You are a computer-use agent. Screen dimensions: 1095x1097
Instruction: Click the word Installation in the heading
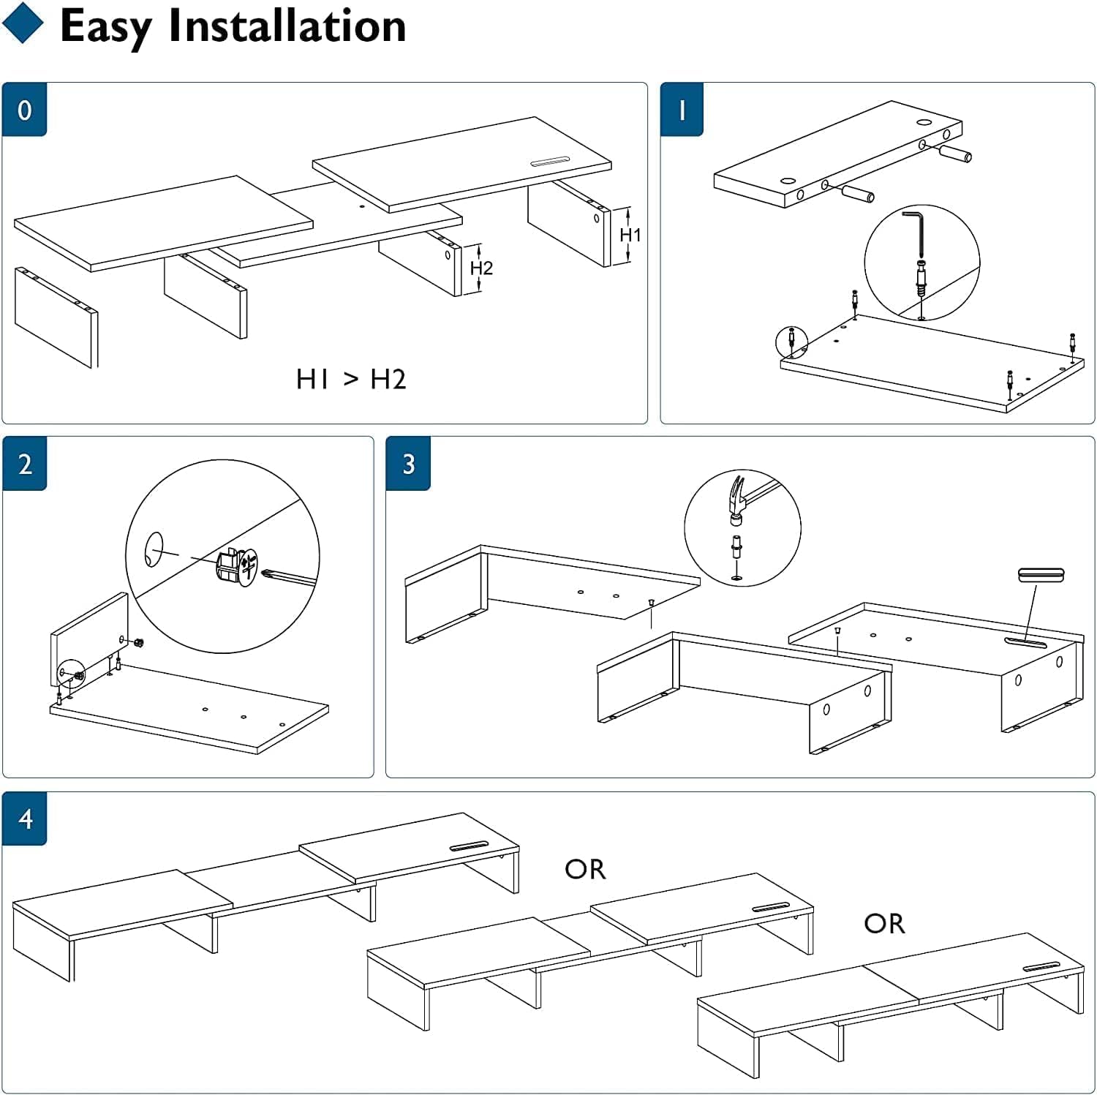(287, 26)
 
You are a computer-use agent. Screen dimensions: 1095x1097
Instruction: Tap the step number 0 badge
(24, 110)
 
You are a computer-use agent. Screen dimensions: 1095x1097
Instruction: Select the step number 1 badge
(682, 110)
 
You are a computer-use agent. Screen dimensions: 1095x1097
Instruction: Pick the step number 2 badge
(25, 464)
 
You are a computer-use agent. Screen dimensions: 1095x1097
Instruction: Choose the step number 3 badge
(408, 464)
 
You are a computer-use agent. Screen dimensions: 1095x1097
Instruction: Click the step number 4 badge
(26, 819)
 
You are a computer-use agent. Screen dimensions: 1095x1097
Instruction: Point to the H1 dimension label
(630, 235)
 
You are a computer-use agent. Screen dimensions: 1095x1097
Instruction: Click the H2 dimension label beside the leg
(481, 268)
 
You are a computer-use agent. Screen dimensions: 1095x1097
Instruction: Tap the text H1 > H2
(351, 379)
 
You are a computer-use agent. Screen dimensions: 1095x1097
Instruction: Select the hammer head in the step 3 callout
(738, 500)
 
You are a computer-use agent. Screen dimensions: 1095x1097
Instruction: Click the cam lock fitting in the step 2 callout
(236, 565)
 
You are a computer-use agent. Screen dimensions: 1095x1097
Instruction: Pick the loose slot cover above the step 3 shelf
(1041, 575)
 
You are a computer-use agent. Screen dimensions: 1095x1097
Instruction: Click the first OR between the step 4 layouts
(585, 869)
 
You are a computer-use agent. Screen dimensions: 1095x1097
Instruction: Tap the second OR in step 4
(884, 924)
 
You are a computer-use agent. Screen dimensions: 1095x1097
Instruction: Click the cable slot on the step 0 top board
(549, 162)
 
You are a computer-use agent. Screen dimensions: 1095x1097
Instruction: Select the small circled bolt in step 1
(791, 341)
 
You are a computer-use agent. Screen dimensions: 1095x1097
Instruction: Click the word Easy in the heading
(105, 26)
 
